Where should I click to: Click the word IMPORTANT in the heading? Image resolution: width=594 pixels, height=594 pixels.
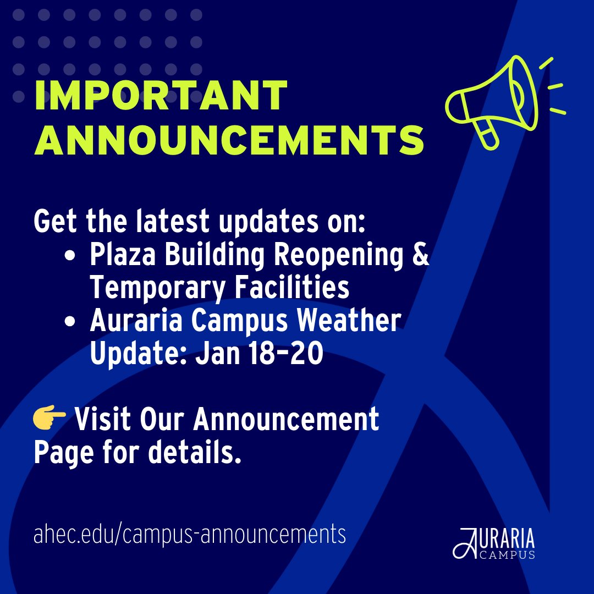[161, 96]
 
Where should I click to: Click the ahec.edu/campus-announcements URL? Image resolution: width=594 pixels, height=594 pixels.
[190, 533]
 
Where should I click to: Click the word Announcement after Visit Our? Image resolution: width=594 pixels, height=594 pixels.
[286, 420]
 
